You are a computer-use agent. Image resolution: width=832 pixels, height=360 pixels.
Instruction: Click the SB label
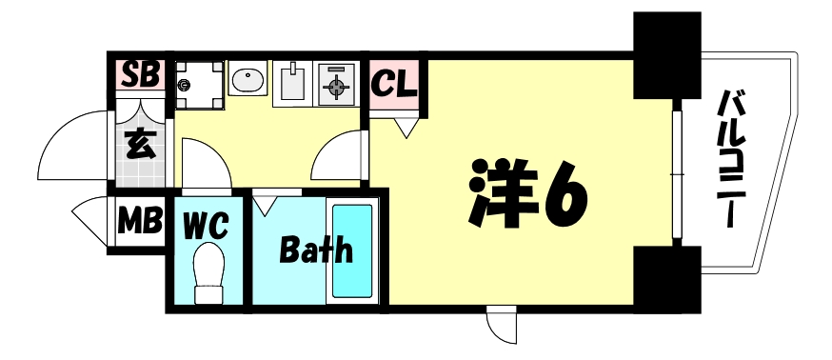(140, 74)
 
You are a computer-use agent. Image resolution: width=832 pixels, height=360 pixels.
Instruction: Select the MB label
(139, 223)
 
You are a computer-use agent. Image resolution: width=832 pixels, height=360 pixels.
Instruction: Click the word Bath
(316, 250)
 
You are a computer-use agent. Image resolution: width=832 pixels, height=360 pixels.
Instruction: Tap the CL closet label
(394, 84)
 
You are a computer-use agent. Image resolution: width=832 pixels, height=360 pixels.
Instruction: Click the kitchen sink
(291, 82)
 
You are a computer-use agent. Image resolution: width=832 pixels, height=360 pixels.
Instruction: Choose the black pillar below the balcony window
(666, 277)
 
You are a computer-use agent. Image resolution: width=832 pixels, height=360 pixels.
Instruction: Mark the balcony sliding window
(677, 175)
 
